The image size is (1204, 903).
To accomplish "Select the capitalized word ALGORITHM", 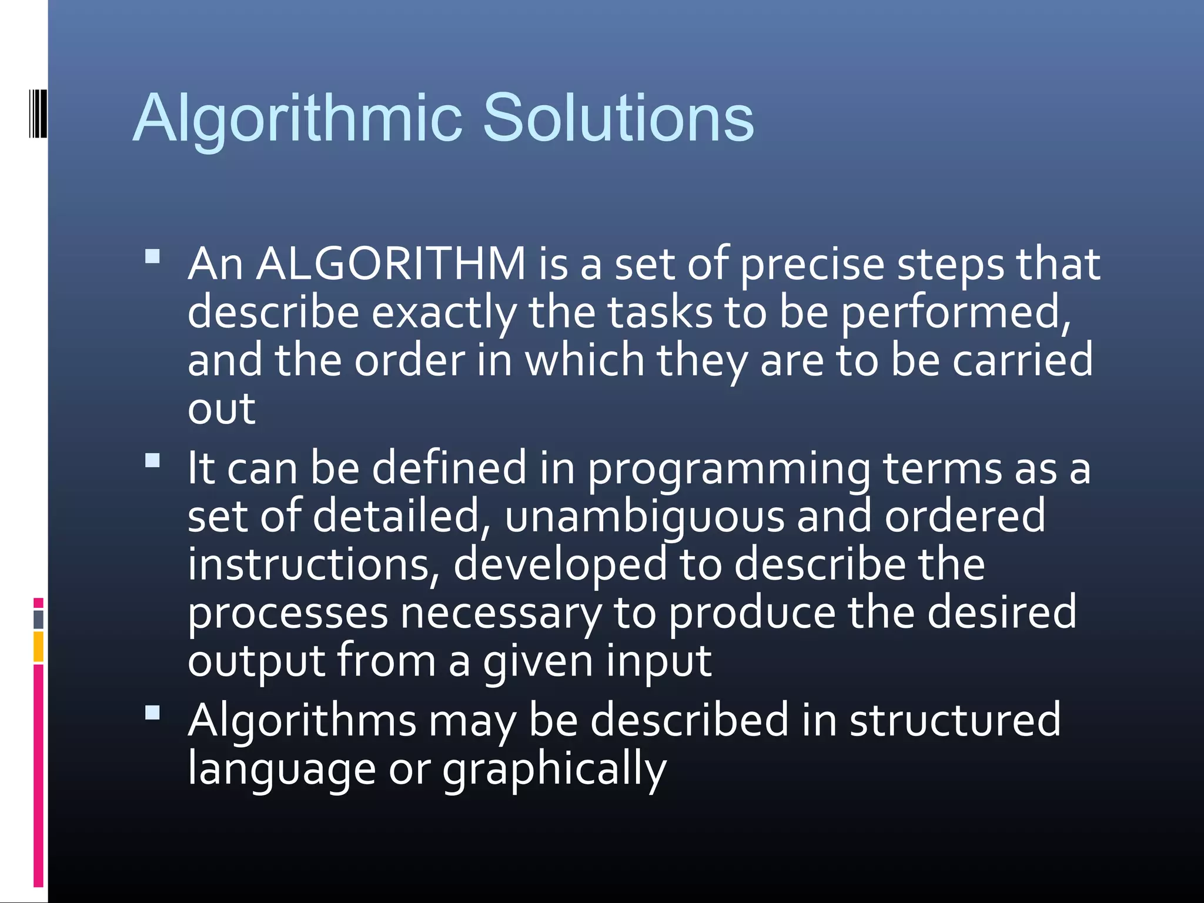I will pyautogui.click(x=391, y=264).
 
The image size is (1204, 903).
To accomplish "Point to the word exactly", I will pyautogui.click(x=444, y=313).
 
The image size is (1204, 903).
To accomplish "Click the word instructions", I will pyautogui.click(x=314, y=564).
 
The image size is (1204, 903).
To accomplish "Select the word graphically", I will pyautogui.click(x=554, y=770).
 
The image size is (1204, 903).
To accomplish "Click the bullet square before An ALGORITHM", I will pyautogui.click(x=153, y=257).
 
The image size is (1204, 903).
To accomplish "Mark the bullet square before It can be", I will pyautogui.click(x=153, y=460).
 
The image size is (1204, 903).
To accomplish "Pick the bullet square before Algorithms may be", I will pyautogui.click(x=153, y=713).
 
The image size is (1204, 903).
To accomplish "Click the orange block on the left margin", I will pyautogui.click(x=38, y=646).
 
